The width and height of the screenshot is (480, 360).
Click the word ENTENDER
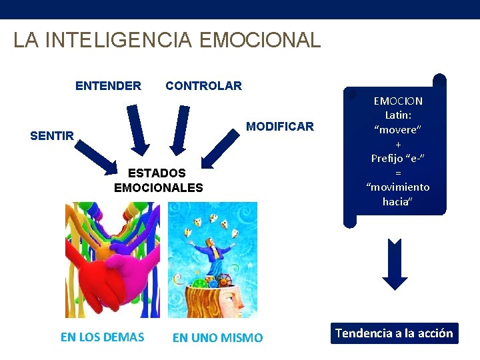coord(108,85)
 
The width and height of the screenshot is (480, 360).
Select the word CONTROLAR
coord(203,85)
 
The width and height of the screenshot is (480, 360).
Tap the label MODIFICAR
coord(280,127)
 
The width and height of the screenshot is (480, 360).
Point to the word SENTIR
coord(52,136)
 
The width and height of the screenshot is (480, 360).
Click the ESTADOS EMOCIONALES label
coord(158,181)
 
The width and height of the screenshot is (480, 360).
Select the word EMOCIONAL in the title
coord(260,40)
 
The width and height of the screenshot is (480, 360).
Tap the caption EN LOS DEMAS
coord(102,337)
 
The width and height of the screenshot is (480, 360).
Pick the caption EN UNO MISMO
coord(217,338)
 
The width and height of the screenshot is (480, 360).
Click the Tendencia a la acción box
coord(394,333)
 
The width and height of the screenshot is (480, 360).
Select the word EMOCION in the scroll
coord(397,101)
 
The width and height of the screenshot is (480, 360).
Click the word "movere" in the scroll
coord(397,130)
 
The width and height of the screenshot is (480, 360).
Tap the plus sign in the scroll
coord(397,144)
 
